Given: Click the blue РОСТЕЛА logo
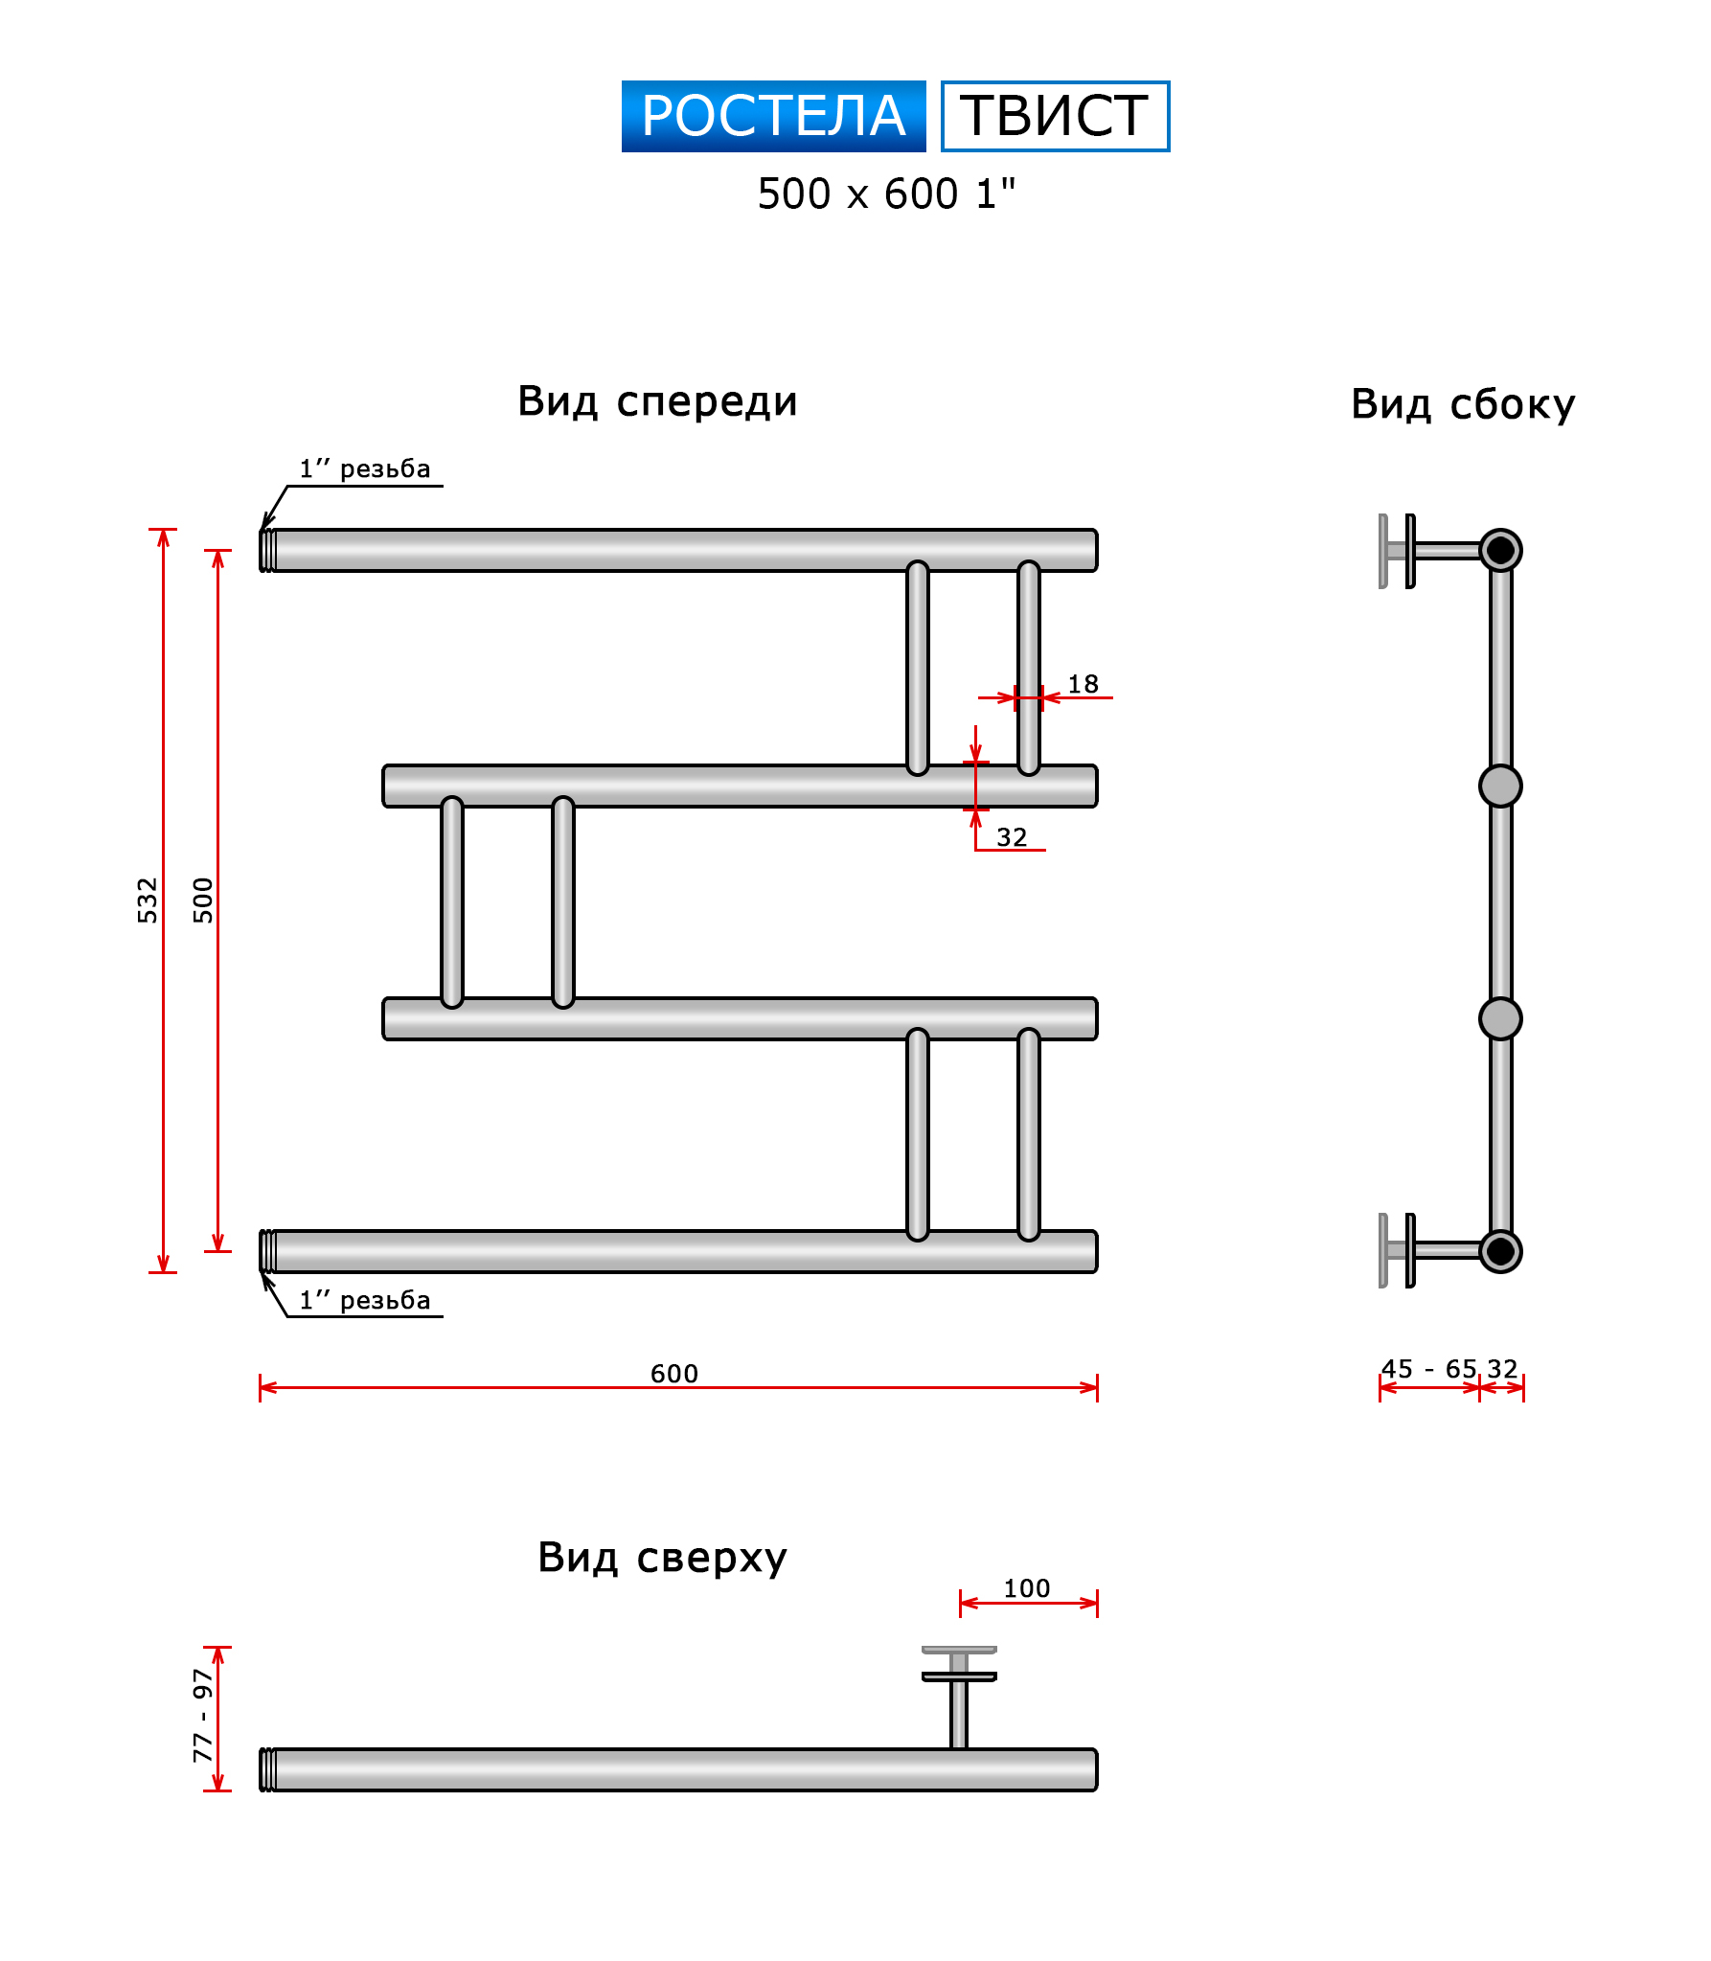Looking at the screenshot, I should (x=773, y=116).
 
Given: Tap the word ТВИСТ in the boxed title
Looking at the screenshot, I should (x=1054, y=116).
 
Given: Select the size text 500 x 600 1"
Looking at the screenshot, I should (x=885, y=194).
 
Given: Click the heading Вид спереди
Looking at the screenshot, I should (x=657, y=401).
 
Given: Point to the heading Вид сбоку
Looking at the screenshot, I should (x=1462, y=404).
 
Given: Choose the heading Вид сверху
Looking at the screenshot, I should (x=662, y=1557).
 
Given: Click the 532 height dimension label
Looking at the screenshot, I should (x=147, y=900).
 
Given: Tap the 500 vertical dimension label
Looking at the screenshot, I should (x=203, y=900).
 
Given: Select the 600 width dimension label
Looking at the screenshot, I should (x=674, y=1374).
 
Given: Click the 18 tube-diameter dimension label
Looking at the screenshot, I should (x=1083, y=684).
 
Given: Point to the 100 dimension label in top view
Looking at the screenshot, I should (x=1026, y=1588).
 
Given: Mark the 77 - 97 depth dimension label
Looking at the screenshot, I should (x=202, y=1716).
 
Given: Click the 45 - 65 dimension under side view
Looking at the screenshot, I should (x=1428, y=1369).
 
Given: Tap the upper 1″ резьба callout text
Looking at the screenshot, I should (x=365, y=468).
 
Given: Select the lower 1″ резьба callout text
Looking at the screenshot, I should (x=365, y=1300).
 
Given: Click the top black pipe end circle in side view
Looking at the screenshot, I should (x=1500, y=550).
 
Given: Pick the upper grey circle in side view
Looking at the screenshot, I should (x=1500, y=786).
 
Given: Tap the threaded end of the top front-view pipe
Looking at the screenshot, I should (x=268, y=550).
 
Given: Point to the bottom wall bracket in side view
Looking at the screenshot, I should (x=1398, y=1250).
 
